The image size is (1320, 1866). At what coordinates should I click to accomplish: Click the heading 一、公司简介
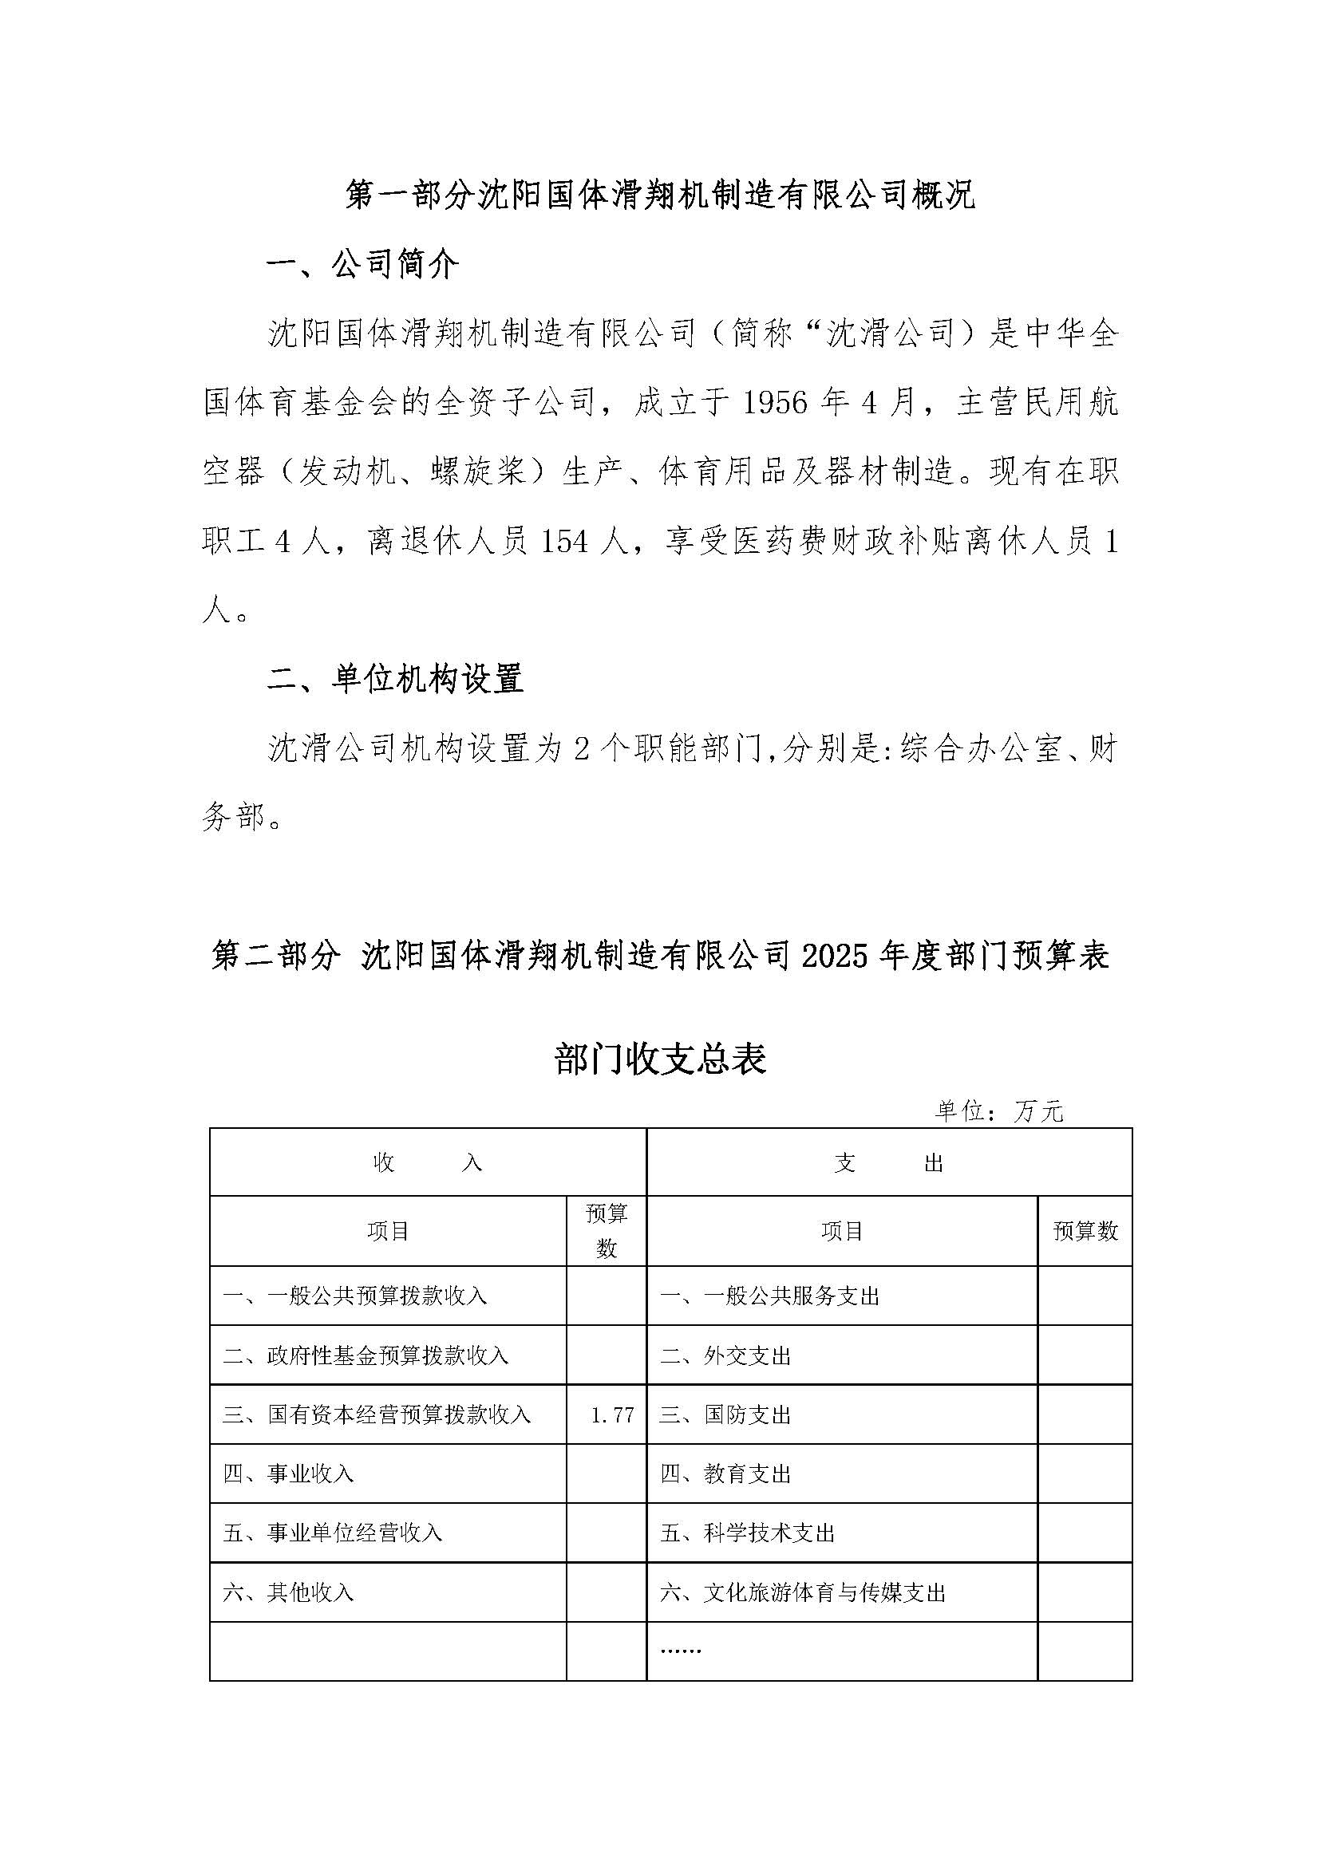[363, 264]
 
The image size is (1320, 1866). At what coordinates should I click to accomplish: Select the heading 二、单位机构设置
[395, 678]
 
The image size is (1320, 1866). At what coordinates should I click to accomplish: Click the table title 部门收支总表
[660, 1059]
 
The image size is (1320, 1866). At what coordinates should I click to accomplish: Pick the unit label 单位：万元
[999, 1111]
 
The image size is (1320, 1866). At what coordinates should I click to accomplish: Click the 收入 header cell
[428, 1163]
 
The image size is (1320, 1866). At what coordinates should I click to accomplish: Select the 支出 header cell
[888, 1163]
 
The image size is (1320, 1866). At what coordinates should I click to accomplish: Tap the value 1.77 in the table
[612, 1415]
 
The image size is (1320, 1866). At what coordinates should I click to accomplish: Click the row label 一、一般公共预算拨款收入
[355, 1296]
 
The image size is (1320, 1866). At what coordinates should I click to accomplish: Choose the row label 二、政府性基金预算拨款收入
[366, 1355]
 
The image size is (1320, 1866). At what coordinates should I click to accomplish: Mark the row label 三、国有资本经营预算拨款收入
[377, 1415]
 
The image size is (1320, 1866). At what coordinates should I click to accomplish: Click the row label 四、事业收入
[289, 1473]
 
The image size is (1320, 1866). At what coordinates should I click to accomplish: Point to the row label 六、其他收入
[289, 1592]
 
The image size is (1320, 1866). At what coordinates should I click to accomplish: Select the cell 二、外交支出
[725, 1355]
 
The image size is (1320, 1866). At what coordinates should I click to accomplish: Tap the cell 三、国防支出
[725, 1415]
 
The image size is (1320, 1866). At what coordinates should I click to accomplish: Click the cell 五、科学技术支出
[748, 1533]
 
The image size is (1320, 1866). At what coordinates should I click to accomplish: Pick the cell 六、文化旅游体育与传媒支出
[803, 1592]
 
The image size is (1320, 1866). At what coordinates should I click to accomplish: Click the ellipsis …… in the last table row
[681, 1650]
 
